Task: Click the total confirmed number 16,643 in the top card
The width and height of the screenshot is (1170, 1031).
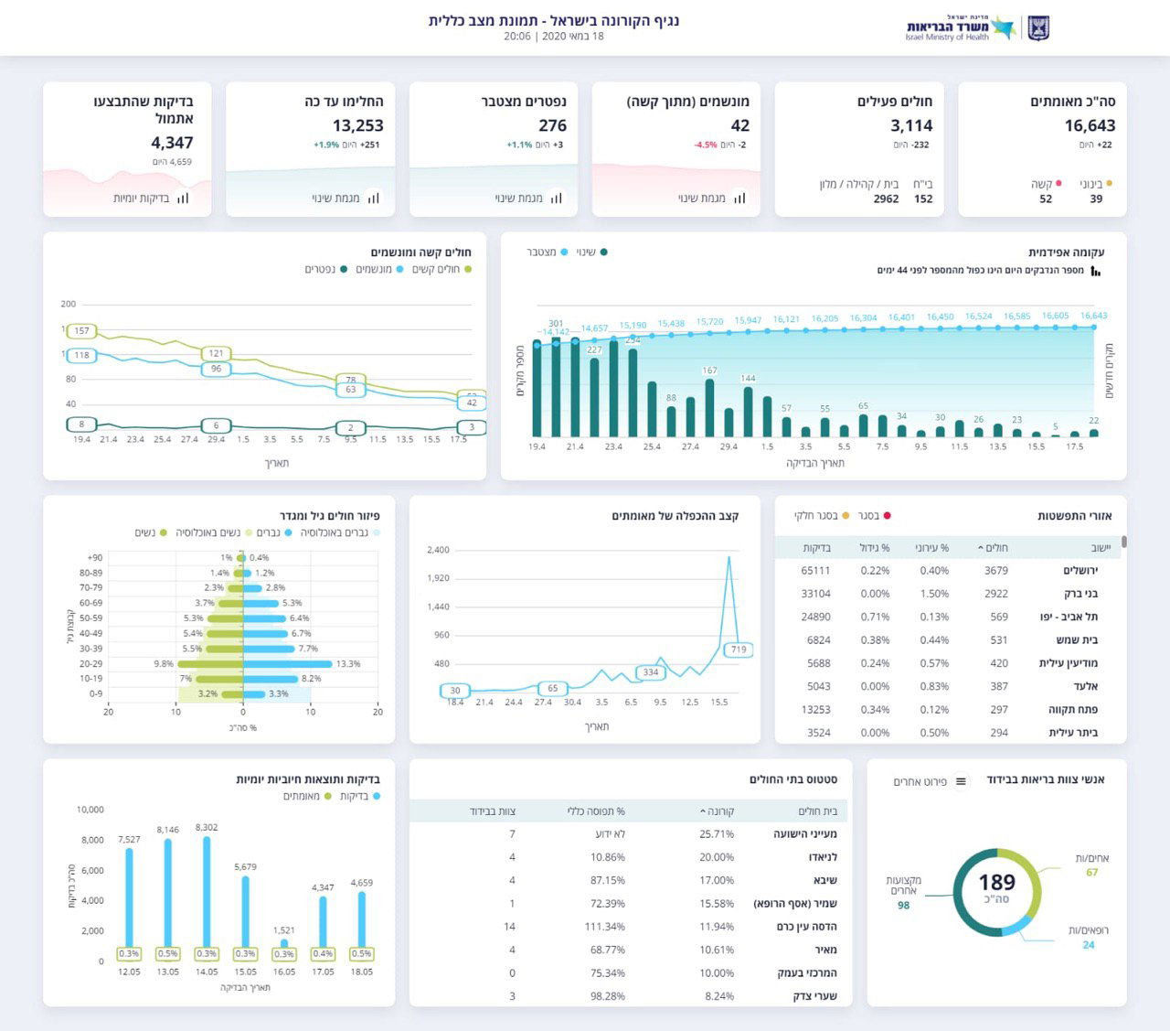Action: click(1090, 125)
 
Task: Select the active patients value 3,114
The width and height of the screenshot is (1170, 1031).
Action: click(911, 125)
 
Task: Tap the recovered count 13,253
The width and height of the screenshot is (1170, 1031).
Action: click(357, 125)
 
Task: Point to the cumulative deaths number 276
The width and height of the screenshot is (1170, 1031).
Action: click(552, 125)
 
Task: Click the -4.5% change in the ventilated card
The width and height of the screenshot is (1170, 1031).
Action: click(706, 145)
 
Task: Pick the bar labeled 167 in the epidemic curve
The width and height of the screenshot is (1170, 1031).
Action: click(710, 407)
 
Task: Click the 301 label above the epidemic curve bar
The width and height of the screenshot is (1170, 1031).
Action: click(556, 324)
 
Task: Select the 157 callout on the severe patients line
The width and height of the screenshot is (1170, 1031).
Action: click(82, 330)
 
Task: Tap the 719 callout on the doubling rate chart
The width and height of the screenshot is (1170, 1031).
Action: click(739, 650)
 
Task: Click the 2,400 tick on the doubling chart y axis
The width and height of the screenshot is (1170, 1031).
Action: click(438, 550)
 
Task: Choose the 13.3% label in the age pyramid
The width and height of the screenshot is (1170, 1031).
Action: click(348, 664)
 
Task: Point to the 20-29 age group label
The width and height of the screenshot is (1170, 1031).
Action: click(90, 664)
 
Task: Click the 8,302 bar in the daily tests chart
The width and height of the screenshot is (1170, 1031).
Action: click(207, 892)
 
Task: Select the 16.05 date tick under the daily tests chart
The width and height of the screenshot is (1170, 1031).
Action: click(284, 972)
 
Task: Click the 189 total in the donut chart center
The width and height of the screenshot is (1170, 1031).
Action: click(996, 883)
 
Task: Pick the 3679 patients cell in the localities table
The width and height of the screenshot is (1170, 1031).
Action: click(996, 571)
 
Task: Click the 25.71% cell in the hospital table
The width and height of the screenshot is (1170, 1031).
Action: click(717, 834)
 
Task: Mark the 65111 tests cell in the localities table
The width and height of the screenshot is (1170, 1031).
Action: click(815, 571)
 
